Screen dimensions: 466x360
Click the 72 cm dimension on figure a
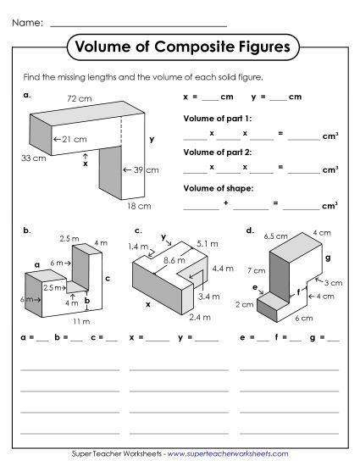click(79, 100)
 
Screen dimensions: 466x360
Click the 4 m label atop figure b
click(102, 243)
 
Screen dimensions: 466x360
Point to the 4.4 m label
click(222, 269)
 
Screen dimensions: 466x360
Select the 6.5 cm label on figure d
click(273, 236)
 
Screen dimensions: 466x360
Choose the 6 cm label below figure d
click(306, 319)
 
